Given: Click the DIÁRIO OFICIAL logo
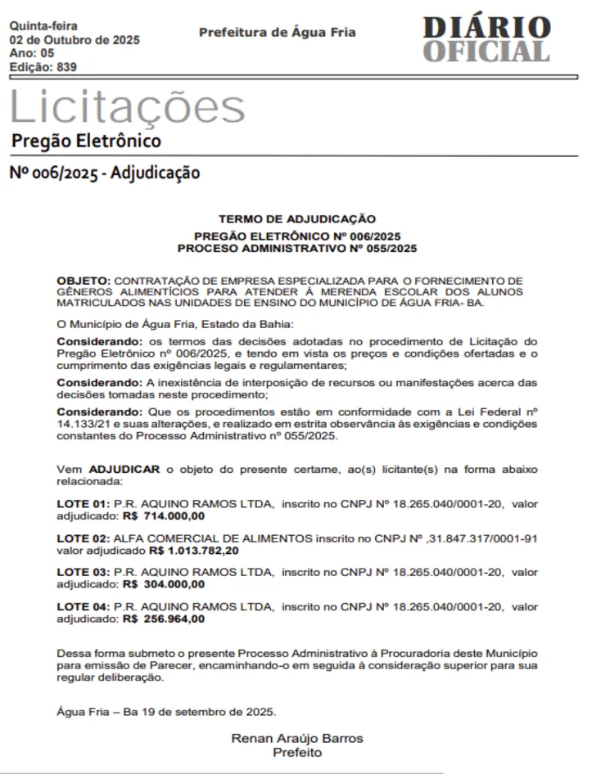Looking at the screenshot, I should click(x=486, y=39).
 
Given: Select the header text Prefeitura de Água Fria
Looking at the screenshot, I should click(x=278, y=33).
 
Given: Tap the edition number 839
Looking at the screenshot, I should click(x=66, y=67).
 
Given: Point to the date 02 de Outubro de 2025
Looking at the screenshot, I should click(x=75, y=39).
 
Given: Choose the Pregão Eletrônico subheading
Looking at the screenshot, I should click(x=86, y=141).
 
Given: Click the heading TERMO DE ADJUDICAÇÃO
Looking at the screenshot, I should click(x=297, y=219).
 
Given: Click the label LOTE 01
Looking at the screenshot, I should click(x=82, y=504).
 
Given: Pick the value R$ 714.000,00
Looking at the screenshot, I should click(x=164, y=516).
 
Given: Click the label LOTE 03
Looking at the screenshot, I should click(x=82, y=573).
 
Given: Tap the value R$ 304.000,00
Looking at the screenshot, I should click(x=164, y=585).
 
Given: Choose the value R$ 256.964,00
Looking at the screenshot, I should click(x=164, y=619).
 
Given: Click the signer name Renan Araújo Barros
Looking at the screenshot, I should click(x=297, y=738).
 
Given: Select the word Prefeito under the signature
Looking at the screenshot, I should click(x=297, y=752).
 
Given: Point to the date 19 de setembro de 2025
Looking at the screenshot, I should click(x=200, y=711).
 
